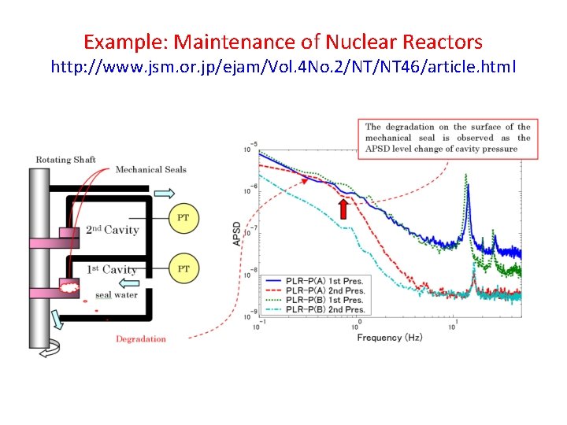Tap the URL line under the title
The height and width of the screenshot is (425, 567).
coord(283,67)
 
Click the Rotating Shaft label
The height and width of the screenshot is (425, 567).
coord(66,160)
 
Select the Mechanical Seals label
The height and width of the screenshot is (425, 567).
coord(151,169)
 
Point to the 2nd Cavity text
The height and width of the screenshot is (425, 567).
coord(113,230)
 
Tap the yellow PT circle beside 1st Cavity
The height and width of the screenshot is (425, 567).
coord(183,269)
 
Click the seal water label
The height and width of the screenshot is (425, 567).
coord(117,295)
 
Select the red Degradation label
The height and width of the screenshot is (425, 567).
coord(141,339)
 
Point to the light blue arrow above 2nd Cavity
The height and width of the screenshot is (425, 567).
coord(165,193)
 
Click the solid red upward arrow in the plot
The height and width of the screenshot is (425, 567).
coord(343,209)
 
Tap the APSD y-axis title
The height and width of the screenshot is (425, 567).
coord(238,232)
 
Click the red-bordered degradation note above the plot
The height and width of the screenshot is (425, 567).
coord(447,138)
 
